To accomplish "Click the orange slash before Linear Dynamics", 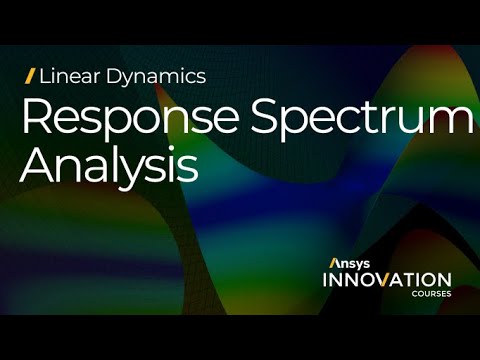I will (30, 75).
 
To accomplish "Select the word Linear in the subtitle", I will (64, 75).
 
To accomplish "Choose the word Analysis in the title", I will (109, 166).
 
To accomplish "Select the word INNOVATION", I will (386, 280).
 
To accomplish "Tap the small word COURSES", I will (433, 295).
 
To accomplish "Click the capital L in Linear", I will (44, 75).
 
